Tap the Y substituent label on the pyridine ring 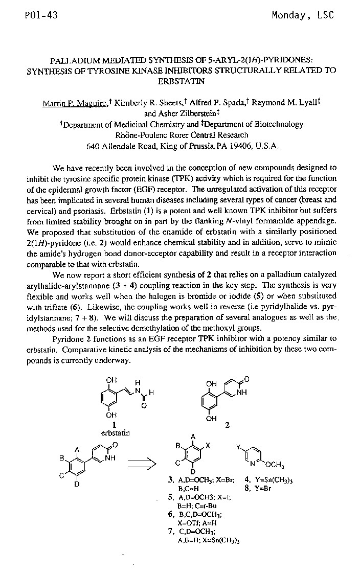[238, 446]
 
